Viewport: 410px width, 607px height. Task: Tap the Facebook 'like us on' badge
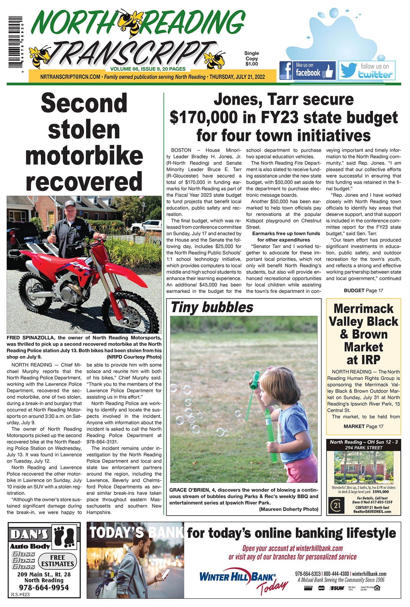pyautogui.click(x=307, y=70)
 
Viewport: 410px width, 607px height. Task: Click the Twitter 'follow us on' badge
pyautogui.click(x=367, y=70)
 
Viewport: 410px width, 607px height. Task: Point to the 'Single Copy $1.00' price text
pyautogui.click(x=252, y=59)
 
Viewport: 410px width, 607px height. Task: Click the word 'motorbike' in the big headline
pyautogui.click(x=84, y=155)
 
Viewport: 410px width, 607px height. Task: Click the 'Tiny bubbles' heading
pyautogui.click(x=212, y=307)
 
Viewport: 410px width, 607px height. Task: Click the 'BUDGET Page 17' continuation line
pyautogui.click(x=363, y=290)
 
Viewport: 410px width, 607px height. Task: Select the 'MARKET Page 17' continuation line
pyautogui.click(x=363, y=426)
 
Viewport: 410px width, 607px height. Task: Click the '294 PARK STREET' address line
pyautogui.click(x=363, y=447)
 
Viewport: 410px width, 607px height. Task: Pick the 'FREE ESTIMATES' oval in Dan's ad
pyautogui.click(x=58, y=561)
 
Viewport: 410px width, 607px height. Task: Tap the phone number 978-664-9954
pyautogui.click(x=44, y=587)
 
